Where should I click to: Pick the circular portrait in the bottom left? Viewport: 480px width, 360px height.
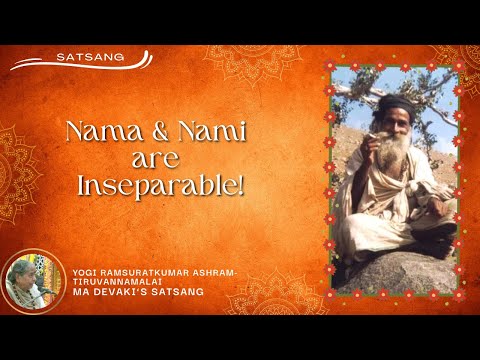point(30,280)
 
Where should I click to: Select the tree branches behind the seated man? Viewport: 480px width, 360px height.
point(360,95)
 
